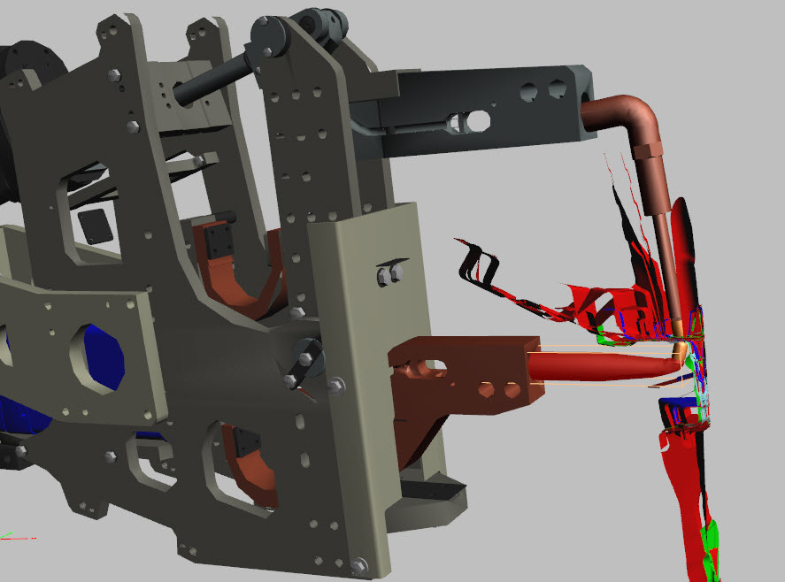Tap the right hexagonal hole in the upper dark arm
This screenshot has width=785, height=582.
coord(557,89)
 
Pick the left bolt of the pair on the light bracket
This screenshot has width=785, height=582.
coord(384,277)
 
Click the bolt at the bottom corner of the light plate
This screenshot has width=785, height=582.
coord(358,563)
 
